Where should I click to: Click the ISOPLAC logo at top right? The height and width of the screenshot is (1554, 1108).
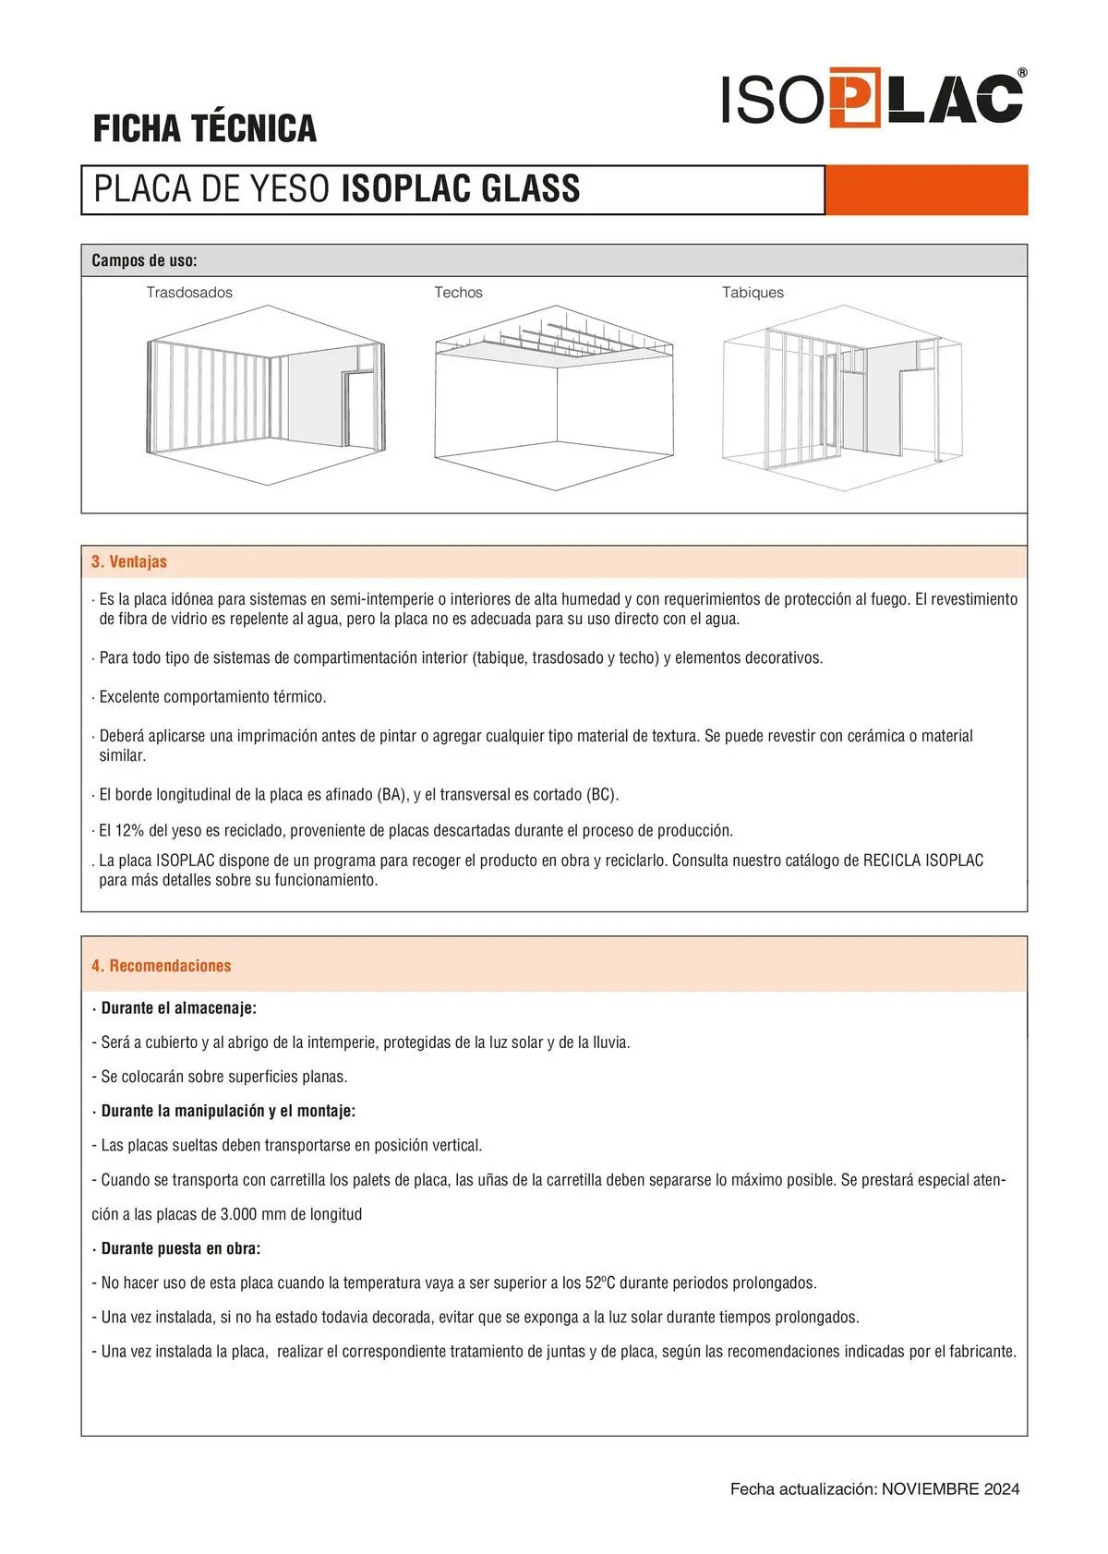(873, 98)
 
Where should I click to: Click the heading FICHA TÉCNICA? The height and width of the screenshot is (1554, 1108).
(205, 128)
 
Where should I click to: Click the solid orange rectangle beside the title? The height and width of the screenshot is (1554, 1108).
(926, 190)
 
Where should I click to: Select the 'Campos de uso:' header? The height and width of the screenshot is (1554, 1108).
(144, 260)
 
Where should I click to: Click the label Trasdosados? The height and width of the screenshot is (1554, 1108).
(189, 293)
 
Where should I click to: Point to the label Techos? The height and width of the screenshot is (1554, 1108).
(458, 293)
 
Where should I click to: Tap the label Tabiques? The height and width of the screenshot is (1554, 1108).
(753, 293)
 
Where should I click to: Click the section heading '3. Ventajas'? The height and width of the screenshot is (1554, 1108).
(129, 561)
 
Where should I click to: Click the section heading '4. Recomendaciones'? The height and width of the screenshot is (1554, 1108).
(161, 966)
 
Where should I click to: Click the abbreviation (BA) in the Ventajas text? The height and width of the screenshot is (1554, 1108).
(392, 794)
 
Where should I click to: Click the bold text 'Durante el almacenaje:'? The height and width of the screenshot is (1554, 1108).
(178, 1008)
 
